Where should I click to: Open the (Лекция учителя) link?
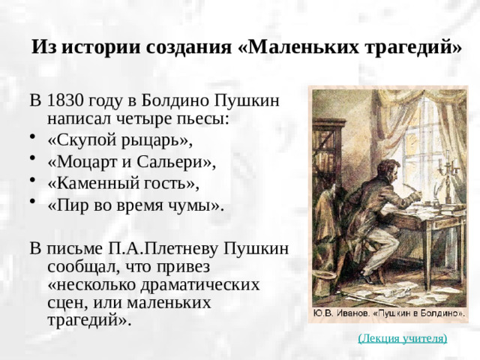point(403,338)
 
